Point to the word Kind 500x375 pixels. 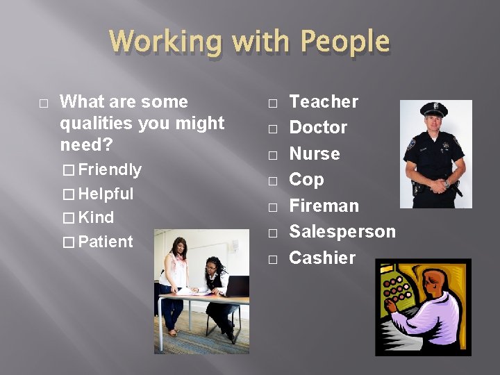coord(97,217)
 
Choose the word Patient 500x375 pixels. coord(106,242)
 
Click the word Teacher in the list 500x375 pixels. coord(323,102)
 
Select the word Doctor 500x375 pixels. coord(318,128)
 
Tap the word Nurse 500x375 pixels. coord(314,153)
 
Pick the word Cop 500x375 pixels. coord(306,179)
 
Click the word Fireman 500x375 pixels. coord(324,206)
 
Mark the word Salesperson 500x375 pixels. coord(342,231)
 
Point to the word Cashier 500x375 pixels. coord(322,258)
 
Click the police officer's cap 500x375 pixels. coord(433,110)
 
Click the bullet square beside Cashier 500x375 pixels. coord(273,259)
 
